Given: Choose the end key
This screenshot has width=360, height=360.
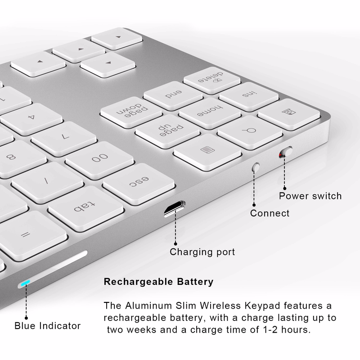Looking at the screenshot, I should coord(172,94).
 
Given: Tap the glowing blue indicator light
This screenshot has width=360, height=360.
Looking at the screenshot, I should coord(24,284).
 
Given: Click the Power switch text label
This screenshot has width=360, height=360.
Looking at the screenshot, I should coord(310,196).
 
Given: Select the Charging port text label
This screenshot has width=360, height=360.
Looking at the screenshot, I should coord(202,252).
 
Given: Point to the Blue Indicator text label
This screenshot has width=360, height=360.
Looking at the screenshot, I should coord(47,326).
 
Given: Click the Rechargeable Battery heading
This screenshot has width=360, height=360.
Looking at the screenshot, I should coord(158,282).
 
